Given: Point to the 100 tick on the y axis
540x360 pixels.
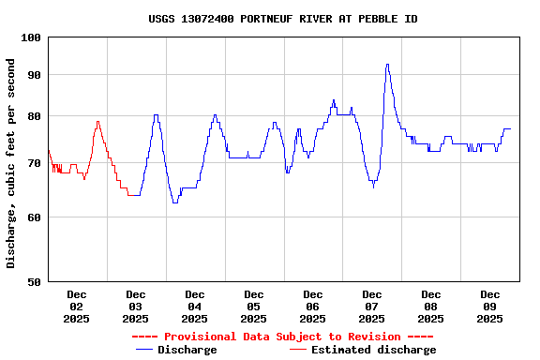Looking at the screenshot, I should pos(31,37).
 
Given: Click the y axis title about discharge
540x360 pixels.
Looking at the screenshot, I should pos(11,163).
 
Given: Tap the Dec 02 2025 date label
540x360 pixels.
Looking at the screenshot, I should pos(76,307).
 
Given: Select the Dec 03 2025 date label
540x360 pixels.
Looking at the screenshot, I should pos(135,307).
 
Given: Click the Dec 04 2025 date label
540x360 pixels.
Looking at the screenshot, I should pos(194,307).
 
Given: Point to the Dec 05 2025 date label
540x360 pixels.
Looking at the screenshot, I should pos(253,307).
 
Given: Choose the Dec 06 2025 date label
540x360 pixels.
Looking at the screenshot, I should pos(312,307).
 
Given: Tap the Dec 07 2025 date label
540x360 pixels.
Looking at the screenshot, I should pos(371,307).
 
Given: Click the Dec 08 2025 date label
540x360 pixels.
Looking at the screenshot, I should pos(430,307).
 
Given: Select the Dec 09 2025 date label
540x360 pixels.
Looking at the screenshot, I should pos(489,307).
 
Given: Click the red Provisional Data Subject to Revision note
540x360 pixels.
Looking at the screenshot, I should pos(282,337).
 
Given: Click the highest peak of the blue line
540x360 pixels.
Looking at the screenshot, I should pos(387,65).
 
